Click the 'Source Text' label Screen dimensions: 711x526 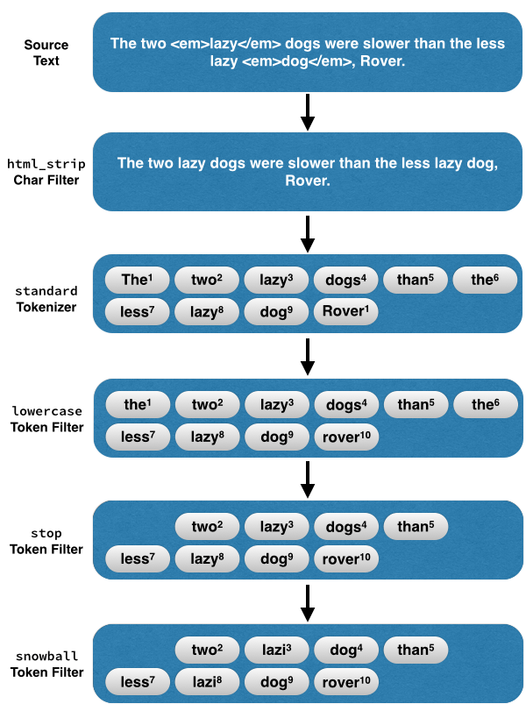point(46,53)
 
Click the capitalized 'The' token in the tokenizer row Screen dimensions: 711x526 point(137,281)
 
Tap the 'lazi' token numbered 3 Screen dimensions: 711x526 point(276,650)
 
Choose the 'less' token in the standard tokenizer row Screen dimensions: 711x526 point(137,311)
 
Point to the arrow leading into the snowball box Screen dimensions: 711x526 point(307,601)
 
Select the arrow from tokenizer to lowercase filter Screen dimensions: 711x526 point(307,356)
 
